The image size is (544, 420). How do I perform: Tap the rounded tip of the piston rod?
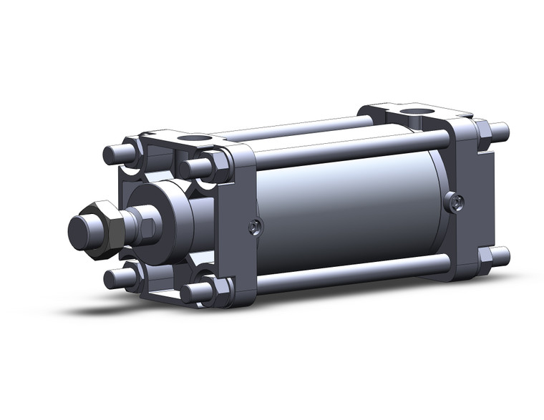(x=81, y=230)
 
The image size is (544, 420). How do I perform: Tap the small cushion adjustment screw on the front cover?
(x=253, y=228)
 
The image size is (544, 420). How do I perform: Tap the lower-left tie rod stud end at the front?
(x=115, y=278)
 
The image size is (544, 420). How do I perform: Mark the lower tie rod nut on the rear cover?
(x=483, y=256)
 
